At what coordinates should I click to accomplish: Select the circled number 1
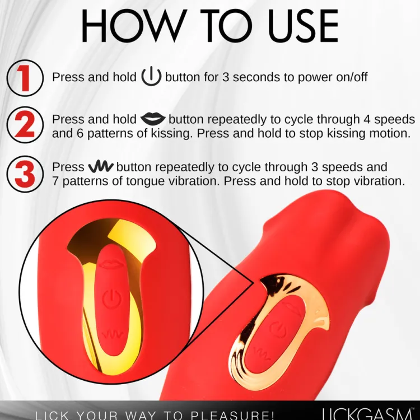tap(25, 78)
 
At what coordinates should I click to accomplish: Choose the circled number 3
tap(25, 174)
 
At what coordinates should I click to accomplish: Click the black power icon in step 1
tap(151, 76)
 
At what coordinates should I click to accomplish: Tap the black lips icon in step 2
tap(153, 119)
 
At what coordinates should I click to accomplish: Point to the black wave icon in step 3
tap(101, 166)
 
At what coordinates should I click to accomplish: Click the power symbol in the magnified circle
tap(111, 298)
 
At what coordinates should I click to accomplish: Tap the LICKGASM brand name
tap(366, 414)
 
